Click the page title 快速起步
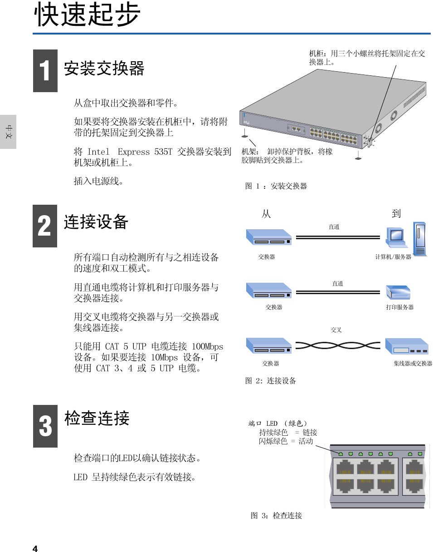pyautogui.click(x=88, y=15)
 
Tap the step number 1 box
pyautogui.click(x=45, y=71)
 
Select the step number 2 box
pyautogui.click(x=45, y=226)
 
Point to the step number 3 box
pyautogui.click(x=45, y=426)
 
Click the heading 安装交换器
pyautogui.click(x=104, y=69)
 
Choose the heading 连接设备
pyautogui.click(x=97, y=222)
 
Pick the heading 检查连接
pyautogui.click(x=97, y=418)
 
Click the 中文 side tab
pyautogui.click(x=8, y=132)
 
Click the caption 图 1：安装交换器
pyautogui.click(x=276, y=186)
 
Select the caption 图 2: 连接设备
pyautogui.click(x=271, y=381)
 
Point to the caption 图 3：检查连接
pyautogui.click(x=277, y=516)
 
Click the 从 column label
pyautogui.click(x=266, y=214)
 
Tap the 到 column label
pyautogui.click(x=396, y=214)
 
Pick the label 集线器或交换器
pyautogui.click(x=413, y=364)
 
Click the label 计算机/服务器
pyautogui.click(x=393, y=257)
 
